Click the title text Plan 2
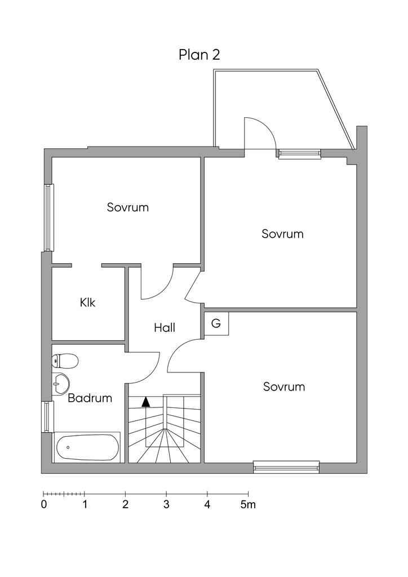click(199, 55)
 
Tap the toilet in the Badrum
click(65, 361)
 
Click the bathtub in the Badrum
click(87, 448)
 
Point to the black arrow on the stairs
click(146, 402)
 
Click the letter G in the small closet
click(216, 323)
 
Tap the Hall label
click(165, 327)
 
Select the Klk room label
click(88, 303)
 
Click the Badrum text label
click(90, 398)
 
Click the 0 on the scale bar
click(44, 504)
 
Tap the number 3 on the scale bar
click(166, 504)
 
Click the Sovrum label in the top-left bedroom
click(128, 207)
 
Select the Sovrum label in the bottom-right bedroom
click(284, 387)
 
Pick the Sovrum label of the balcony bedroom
click(282, 233)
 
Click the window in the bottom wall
click(286, 467)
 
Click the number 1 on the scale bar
click(85, 504)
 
